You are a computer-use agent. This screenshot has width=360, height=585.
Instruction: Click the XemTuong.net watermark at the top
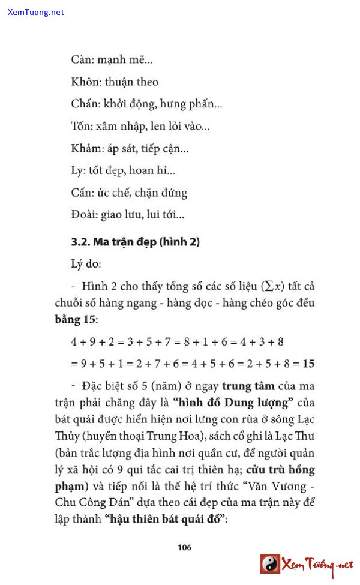[36, 12]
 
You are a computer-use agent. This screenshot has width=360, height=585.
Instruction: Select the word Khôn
[85, 82]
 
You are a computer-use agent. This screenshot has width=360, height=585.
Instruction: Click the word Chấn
[84, 104]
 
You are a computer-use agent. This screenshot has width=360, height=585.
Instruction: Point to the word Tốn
[81, 127]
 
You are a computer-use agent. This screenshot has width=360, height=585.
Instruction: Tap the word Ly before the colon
[77, 171]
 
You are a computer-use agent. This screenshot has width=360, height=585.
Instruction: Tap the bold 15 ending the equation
[309, 364]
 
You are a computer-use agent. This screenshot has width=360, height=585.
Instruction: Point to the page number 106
[185, 547]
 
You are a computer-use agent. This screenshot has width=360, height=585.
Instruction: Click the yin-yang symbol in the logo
[270, 564]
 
